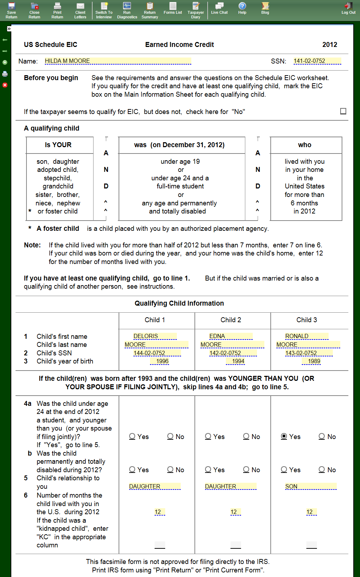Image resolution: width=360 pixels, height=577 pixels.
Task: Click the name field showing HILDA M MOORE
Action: point(118,61)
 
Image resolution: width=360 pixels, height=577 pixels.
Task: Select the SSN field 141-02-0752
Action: point(317,61)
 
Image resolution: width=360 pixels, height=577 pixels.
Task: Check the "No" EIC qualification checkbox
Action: point(343,111)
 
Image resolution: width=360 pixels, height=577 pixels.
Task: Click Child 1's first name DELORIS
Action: point(155,336)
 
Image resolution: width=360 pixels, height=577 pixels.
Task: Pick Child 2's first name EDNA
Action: point(230,336)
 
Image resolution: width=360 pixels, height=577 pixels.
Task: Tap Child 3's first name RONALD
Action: point(306,336)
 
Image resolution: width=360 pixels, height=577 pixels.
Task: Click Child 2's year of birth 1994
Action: point(238,361)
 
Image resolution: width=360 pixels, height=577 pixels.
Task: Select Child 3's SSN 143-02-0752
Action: point(308,353)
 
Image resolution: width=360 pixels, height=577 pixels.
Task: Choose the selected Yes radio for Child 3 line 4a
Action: point(284,437)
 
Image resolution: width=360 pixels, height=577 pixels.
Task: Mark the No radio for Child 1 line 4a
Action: point(170,437)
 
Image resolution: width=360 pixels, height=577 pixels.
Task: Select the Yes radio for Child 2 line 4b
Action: point(208,470)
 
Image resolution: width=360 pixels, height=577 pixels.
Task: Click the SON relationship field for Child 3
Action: point(311,487)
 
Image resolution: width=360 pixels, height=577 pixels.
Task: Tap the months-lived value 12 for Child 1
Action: point(160,512)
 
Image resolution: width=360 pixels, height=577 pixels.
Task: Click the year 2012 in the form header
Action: point(330,45)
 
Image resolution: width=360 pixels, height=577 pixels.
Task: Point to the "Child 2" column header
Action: point(231,320)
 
